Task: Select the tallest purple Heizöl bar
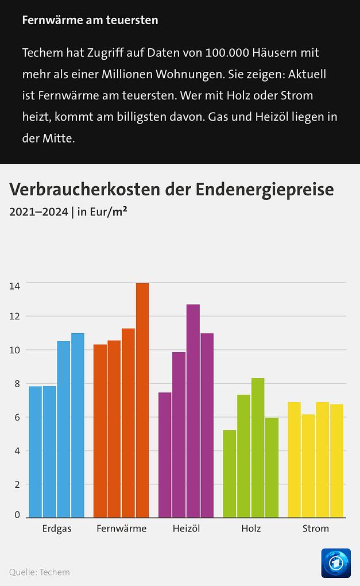tap(193, 410)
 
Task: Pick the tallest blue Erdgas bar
tap(78, 425)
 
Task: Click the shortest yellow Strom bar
tap(309, 465)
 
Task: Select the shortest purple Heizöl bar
tap(165, 454)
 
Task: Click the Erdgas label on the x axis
tap(57, 529)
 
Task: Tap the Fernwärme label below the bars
tap(122, 529)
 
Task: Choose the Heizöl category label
tap(186, 529)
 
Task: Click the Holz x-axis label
tap(251, 529)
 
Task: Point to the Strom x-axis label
tap(316, 529)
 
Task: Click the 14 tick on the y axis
tap(14, 285)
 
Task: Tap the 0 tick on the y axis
tap(17, 515)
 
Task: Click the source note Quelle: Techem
tap(39, 572)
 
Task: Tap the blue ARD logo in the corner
tap(336, 563)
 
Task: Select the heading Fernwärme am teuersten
tap(90, 20)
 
